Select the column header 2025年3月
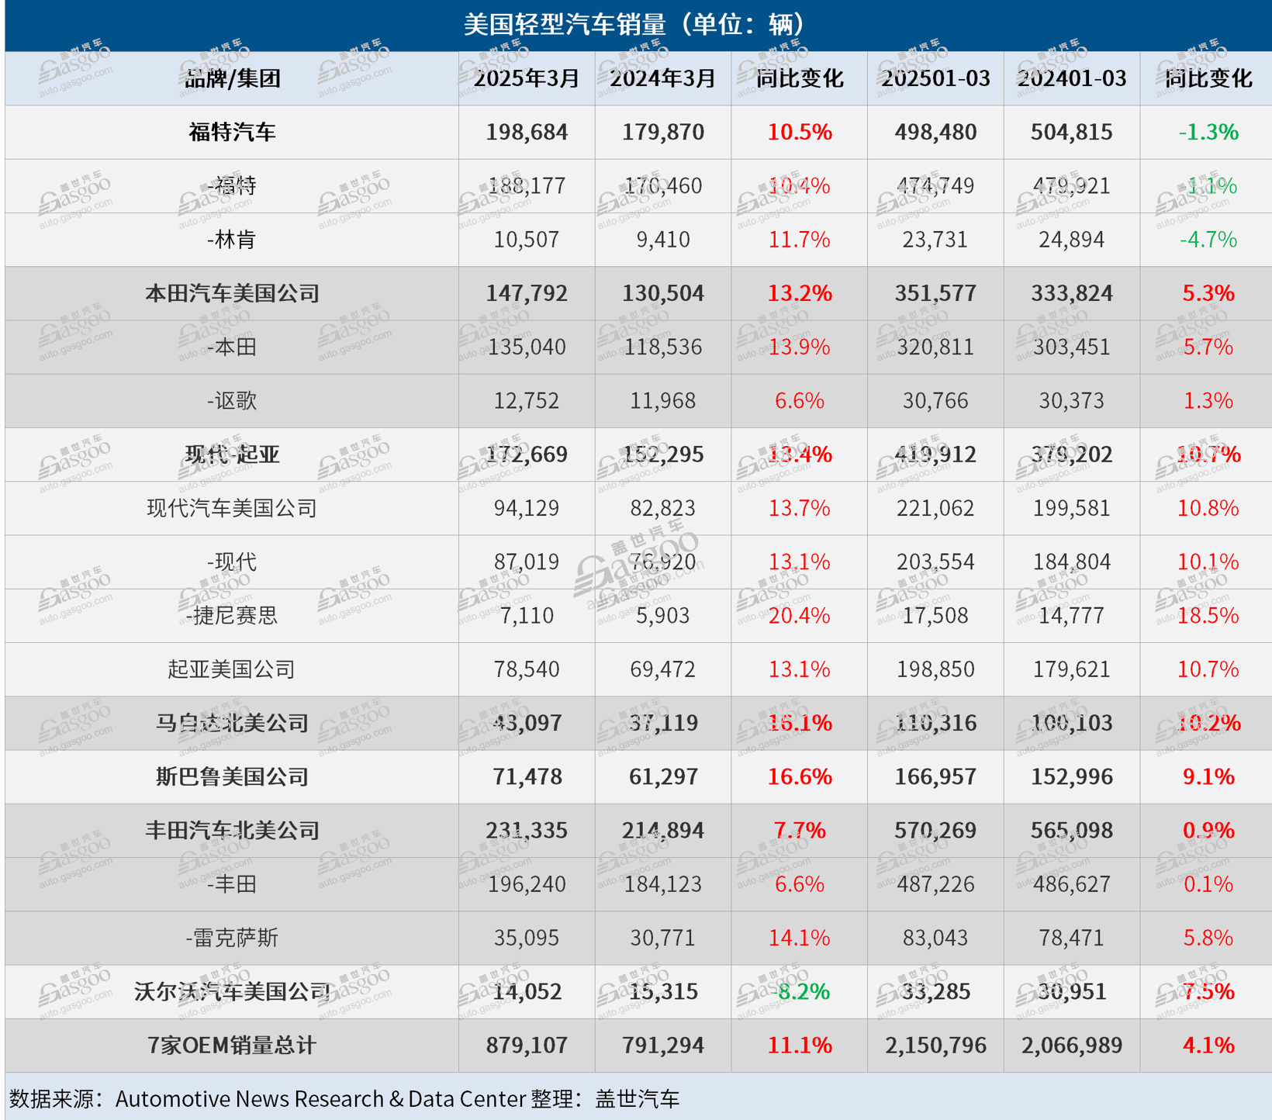pos(527,78)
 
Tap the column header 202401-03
pos(1071,78)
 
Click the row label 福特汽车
pos(232,132)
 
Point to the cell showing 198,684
pos(527,132)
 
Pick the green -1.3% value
pos(1208,132)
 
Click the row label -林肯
pos(232,240)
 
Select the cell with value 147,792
pos(527,293)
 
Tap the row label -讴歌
pos(232,400)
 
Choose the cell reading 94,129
pos(527,508)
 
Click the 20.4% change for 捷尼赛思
pos(799,615)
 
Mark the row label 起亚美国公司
pos(232,669)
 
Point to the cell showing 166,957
pos(935,776)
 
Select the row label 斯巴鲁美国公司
pos(232,776)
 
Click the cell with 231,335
pos(527,830)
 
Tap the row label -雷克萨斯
pos(232,938)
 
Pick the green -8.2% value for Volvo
pos(799,991)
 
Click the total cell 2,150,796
pos(935,1045)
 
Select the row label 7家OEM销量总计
pos(232,1045)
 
